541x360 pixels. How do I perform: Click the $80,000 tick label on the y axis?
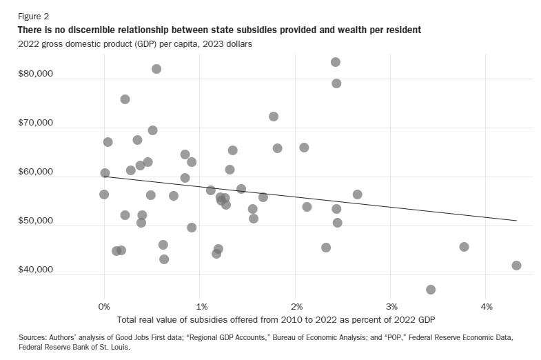tap(37, 74)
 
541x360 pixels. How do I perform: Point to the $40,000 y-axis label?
tap(37, 270)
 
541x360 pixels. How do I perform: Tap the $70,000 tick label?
tap(37, 123)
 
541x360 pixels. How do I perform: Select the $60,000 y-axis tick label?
tap(37, 172)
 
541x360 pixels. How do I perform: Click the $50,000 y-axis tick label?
tap(37, 221)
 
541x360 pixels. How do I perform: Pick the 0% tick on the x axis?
tap(104, 306)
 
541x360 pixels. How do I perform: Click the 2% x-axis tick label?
tap(296, 306)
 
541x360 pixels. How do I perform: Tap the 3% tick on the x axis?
tap(391, 306)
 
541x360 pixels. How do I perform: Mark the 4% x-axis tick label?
tap(487, 306)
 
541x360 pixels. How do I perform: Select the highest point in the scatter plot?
tap(336, 62)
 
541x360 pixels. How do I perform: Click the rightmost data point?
tap(516, 266)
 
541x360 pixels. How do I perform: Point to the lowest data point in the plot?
tap(431, 290)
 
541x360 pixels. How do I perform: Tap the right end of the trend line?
tap(516, 221)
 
